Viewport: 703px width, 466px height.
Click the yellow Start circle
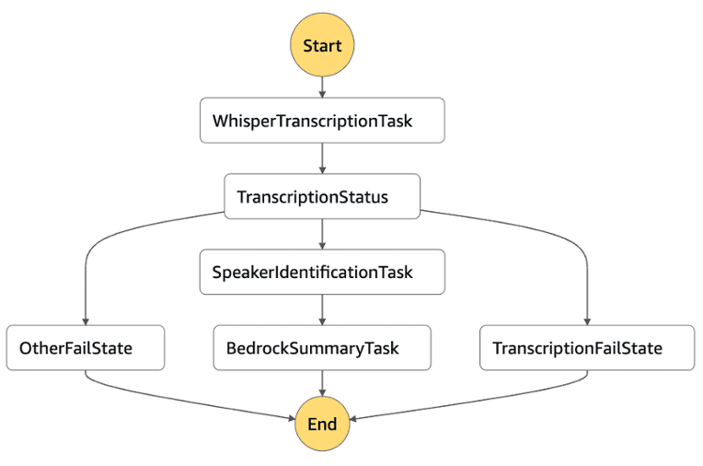[322, 44]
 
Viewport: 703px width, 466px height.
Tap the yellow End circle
[322, 425]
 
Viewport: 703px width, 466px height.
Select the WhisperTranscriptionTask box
[322, 121]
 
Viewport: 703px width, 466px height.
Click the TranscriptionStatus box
[322, 196]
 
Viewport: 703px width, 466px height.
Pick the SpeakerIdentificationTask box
[322, 272]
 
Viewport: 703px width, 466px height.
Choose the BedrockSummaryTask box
[322, 348]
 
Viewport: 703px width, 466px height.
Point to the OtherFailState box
[85, 348]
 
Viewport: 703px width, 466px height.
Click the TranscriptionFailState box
[587, 348]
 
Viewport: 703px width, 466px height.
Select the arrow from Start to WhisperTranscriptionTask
[322, 87]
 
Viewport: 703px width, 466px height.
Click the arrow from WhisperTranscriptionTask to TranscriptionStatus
[322, 158]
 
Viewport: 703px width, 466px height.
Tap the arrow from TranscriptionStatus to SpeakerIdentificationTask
[322, 234]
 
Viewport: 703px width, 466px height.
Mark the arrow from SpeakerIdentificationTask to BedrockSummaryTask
[322, 309]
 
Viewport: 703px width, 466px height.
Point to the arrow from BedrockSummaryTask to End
[322, 385]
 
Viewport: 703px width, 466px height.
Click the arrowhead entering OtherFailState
[85, 320]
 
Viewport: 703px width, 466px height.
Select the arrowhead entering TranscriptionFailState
[587, 320]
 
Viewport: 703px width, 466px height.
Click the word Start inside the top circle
[322, 44]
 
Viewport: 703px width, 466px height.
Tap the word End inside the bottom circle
[322, 425]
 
